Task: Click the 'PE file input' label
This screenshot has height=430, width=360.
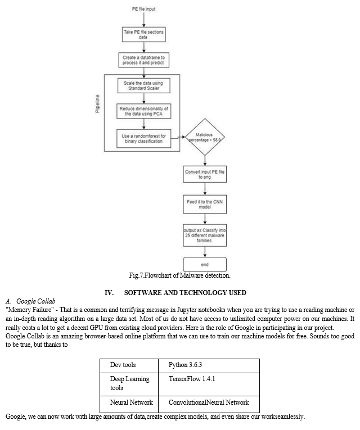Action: [143, 9]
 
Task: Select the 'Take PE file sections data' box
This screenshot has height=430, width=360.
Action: [144, 34]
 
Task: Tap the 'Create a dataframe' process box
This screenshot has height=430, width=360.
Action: [144, 60]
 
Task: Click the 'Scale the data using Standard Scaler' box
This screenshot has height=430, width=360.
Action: [144, 85]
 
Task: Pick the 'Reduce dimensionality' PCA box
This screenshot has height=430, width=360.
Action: [144, 111]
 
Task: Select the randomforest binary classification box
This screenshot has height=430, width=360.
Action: [144, 138]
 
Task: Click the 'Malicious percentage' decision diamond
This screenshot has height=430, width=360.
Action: [205, 137]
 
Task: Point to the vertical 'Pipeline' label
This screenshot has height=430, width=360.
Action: [98, 103]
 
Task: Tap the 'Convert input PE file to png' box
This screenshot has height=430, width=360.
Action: [205, 174]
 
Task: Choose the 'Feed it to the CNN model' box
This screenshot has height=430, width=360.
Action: [205, 204]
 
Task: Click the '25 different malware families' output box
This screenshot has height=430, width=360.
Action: [205, 236]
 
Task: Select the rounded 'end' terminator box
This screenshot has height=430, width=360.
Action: [205, 264]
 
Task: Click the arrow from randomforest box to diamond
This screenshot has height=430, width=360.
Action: [178, 137]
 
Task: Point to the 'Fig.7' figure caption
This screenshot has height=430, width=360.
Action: [180, 275]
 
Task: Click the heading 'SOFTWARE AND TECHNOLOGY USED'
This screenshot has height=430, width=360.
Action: [185, 293]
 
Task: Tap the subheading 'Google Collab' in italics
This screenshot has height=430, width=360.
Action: [35, 301]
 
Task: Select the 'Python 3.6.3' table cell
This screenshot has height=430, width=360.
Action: [209, 366]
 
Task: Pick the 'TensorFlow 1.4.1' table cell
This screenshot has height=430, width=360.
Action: [209, 384]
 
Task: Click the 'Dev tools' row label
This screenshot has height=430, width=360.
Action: [123, 365]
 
